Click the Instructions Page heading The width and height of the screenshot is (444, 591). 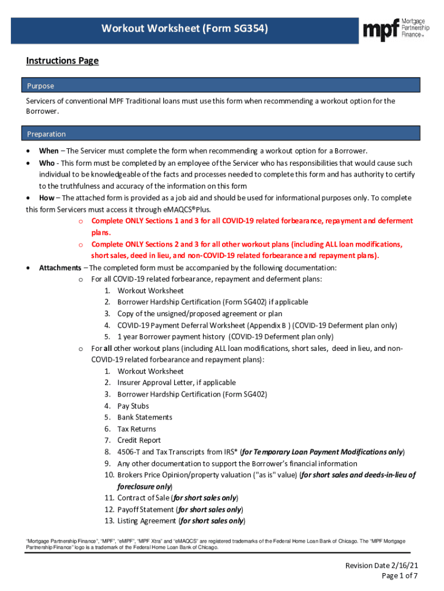62,61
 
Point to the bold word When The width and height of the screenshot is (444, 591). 48,151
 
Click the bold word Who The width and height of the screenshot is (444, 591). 47,163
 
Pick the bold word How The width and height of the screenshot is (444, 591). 47,197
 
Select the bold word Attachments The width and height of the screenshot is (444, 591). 60,268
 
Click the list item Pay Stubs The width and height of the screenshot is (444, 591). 133,406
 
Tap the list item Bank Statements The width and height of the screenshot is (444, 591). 145,417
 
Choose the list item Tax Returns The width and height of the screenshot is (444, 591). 137,429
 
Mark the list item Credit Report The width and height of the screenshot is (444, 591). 138,440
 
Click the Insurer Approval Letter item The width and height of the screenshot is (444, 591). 168,383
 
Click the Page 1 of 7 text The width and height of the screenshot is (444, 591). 400,576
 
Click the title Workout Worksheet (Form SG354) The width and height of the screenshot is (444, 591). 185,28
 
